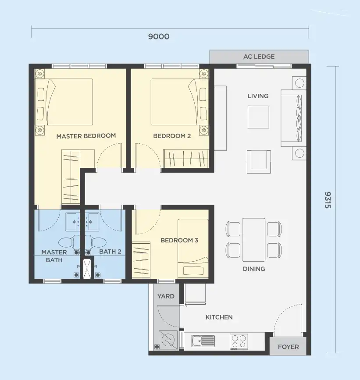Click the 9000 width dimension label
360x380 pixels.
click(159, 36)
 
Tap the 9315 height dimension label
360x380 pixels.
click(328, 200)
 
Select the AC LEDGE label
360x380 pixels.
click(259, 57)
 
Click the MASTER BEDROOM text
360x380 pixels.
click(86, 136)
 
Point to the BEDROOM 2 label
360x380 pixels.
click(172, 136)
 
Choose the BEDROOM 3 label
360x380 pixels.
click(179, 241)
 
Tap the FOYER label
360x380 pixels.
click(288, 347)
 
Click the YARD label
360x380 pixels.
click(166, 296)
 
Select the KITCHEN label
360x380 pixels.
click(219, 317)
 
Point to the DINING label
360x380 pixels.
click(254, 269)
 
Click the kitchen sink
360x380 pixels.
click(203, 341)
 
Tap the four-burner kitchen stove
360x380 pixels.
click(239, 342)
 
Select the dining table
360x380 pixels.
click(253, 240)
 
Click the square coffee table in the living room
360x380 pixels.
click(258, 117)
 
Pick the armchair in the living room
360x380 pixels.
click(259, 162)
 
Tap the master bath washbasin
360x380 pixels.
click(73, 222)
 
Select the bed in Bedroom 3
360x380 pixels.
click(193, 249)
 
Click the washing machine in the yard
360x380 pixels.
click(168, 340)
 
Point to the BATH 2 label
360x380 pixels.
click(110, 252)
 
